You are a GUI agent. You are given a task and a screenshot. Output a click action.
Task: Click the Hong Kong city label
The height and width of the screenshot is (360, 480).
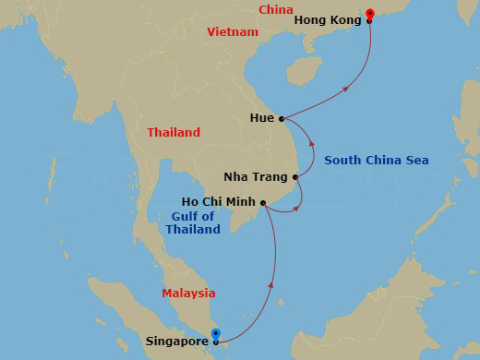point(327,19)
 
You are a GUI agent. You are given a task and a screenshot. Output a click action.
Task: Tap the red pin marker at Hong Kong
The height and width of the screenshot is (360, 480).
point(369,14)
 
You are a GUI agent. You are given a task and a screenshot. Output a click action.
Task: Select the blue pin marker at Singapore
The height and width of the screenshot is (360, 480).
point(216,335)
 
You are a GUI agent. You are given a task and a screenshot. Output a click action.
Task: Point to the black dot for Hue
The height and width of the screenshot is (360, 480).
point(281,118)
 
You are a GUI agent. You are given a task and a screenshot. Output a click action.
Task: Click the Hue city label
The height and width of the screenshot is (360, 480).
point(261,119)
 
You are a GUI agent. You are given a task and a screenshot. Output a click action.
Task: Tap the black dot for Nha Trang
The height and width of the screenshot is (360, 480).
point(295,176)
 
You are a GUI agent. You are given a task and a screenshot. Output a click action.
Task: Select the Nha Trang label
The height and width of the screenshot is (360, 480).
point(257,176)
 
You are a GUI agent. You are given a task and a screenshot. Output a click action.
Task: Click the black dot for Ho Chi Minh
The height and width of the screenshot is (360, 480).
point(264,202)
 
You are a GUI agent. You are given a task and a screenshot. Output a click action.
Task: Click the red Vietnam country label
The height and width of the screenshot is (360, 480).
point(232,31)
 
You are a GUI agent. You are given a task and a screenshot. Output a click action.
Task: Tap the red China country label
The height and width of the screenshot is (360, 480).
point(275,10)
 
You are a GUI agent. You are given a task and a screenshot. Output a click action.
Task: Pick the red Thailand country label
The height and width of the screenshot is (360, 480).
point(174,133)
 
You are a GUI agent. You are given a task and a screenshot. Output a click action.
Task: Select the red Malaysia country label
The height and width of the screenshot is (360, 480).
point(188,294)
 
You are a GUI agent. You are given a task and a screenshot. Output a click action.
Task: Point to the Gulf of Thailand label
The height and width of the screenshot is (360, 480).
point(194,222)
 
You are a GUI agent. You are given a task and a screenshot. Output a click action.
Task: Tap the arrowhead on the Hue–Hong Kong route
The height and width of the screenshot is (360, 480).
point(346,89)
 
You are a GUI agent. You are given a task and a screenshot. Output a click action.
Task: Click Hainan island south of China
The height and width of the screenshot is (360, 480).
point(304,69)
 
